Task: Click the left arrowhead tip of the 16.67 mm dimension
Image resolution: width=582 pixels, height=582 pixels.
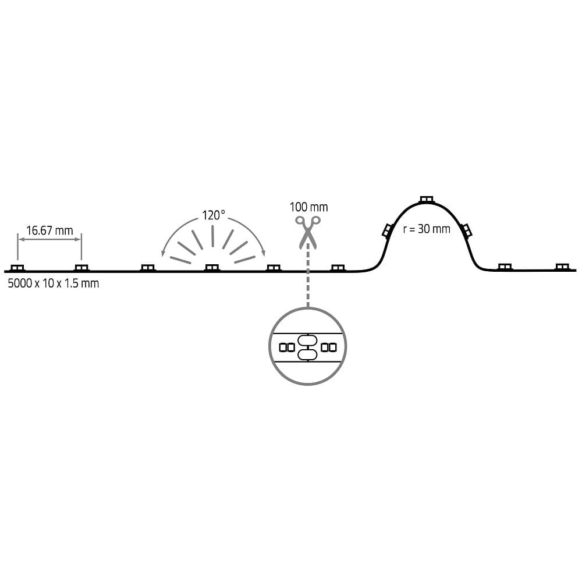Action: point(19,239)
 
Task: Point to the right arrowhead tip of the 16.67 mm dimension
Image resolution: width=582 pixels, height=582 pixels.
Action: point(80,239)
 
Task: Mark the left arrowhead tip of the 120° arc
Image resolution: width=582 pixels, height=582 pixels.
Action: point(162,257)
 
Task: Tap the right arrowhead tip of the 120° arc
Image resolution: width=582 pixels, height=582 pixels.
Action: point(265,256)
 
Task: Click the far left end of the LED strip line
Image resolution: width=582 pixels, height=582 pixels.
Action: point(5,271)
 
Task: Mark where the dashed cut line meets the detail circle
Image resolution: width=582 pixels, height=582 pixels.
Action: point(308,307)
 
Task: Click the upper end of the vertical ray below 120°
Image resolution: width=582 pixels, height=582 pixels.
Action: point(212,226)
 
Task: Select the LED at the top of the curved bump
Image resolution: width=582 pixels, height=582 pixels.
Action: point(426,200)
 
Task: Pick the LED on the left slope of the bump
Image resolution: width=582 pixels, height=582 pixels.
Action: point(388,230)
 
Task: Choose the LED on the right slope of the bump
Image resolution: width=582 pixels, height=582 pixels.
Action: point(466,230)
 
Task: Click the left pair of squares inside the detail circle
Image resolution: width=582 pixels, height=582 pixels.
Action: point(287,347)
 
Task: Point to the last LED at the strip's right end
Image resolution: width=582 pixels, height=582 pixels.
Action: point(562,267)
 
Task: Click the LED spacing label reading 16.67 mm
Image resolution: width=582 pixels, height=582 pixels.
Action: point(49,230)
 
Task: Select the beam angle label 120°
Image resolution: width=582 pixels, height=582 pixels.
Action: point(214,215)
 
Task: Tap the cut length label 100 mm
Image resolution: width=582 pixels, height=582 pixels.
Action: point(308,207)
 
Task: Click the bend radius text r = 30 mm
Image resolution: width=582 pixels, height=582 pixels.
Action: point(427,229)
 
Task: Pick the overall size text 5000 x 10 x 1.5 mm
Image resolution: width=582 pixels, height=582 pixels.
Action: point(54,283)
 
